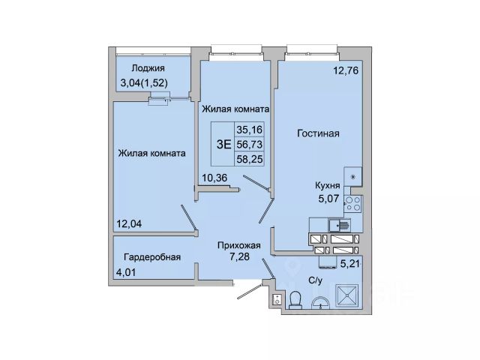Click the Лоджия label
point(148,68)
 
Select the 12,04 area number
point(129,224)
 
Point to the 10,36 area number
point(214,178)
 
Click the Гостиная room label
point(318,133)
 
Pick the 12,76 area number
point(346,70)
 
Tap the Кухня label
point(328,185)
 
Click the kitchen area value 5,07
point(328,199)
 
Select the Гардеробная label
point(152,257)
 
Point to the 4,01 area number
point(125,272)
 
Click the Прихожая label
point(239,245)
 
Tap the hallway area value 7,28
point(240,256)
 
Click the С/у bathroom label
point(315,280)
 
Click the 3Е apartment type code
point(223,145)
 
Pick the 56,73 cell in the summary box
point(250,144)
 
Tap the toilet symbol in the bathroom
point(295,300)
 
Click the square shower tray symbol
point(347,295)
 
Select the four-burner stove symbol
point(353,203)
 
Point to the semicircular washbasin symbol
point(320,302)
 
